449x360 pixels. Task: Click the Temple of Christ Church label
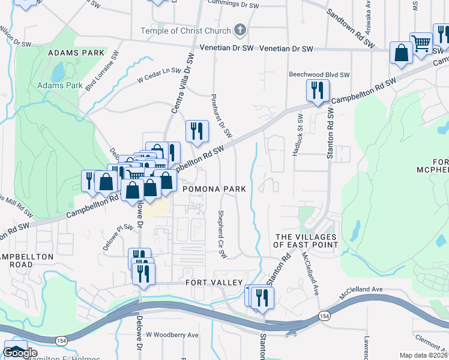pyautogui.click(x=185, y=31)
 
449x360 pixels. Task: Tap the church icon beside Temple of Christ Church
pyautogui.click(x=240, y=31)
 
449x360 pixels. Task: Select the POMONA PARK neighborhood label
pyautogui.click(x=214, y=189)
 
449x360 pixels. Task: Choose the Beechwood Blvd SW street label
pyautogui.click(x=319, y=74)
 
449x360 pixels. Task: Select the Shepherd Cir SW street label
pyautogui.click(x=221, y=235)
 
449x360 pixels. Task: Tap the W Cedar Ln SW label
pyautogui.click(x=159, y=74)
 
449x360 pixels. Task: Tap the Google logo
pyautogui.click(x=20, y=353)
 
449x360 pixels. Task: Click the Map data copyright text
pyautogui.click(x=424, y=355)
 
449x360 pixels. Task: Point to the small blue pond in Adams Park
pyautogui.click(x=58, y=73)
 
